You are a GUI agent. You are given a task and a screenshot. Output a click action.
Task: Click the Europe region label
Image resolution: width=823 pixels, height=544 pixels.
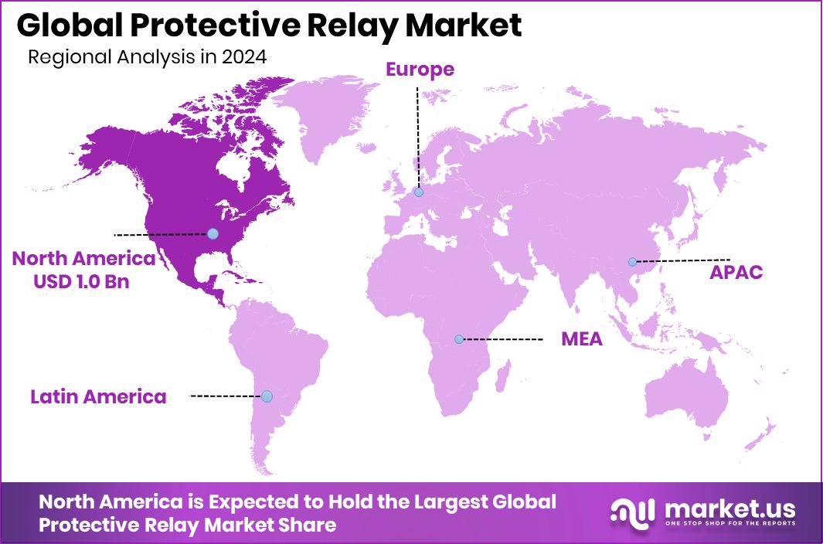(420, 70)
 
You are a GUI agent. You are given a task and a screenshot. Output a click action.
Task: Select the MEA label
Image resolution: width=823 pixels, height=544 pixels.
(582, 339)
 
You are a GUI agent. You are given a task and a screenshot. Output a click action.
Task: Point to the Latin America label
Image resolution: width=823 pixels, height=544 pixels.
(98, 397)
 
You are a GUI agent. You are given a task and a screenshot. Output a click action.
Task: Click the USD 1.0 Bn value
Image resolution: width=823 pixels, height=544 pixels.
(81, 281)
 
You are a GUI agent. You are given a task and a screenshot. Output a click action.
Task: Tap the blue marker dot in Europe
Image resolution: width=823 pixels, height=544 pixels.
(418, 192)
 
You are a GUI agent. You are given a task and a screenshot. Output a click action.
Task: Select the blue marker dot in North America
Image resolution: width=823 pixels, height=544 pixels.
(213, 233)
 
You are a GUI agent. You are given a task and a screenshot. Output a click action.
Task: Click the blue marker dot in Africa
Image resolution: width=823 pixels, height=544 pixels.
(459, 339)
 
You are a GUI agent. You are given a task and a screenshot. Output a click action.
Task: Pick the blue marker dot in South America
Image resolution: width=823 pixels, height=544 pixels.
(267, 396)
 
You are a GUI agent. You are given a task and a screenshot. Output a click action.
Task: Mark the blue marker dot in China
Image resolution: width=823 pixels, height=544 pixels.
(632, 262)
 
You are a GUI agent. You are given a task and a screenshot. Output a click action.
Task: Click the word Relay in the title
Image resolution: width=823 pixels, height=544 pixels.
(352, 26)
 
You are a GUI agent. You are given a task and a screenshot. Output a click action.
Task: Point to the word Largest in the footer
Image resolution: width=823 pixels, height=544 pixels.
(444, 501)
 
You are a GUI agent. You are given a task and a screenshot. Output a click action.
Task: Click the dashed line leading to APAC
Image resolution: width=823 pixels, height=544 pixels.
(684, 260)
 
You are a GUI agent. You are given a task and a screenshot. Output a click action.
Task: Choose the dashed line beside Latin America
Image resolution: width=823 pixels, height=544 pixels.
(226, 396)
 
